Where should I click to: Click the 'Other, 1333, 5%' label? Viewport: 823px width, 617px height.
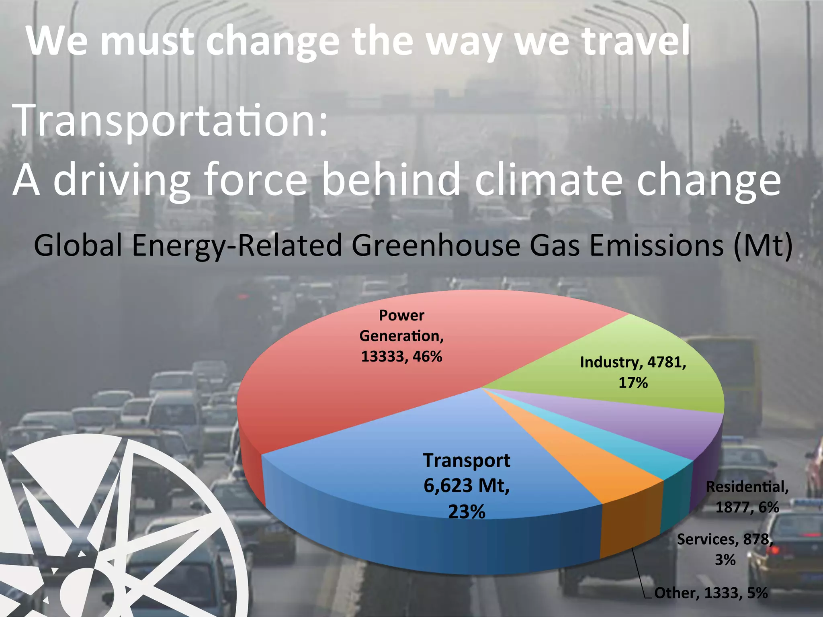711,593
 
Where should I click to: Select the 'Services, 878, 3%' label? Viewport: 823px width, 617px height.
725,549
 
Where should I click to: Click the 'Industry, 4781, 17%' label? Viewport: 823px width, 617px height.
633,372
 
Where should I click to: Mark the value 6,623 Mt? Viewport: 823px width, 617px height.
467,486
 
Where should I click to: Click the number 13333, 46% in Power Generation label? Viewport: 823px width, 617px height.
401,356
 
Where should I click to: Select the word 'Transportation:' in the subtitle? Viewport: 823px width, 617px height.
171,121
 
